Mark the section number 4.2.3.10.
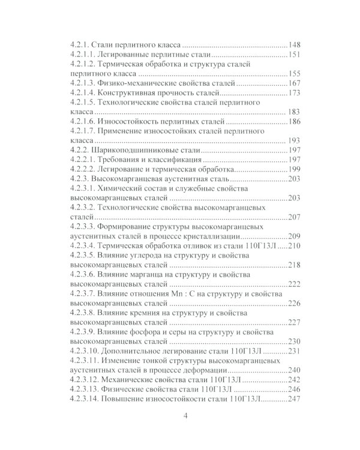tap(83, 352)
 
